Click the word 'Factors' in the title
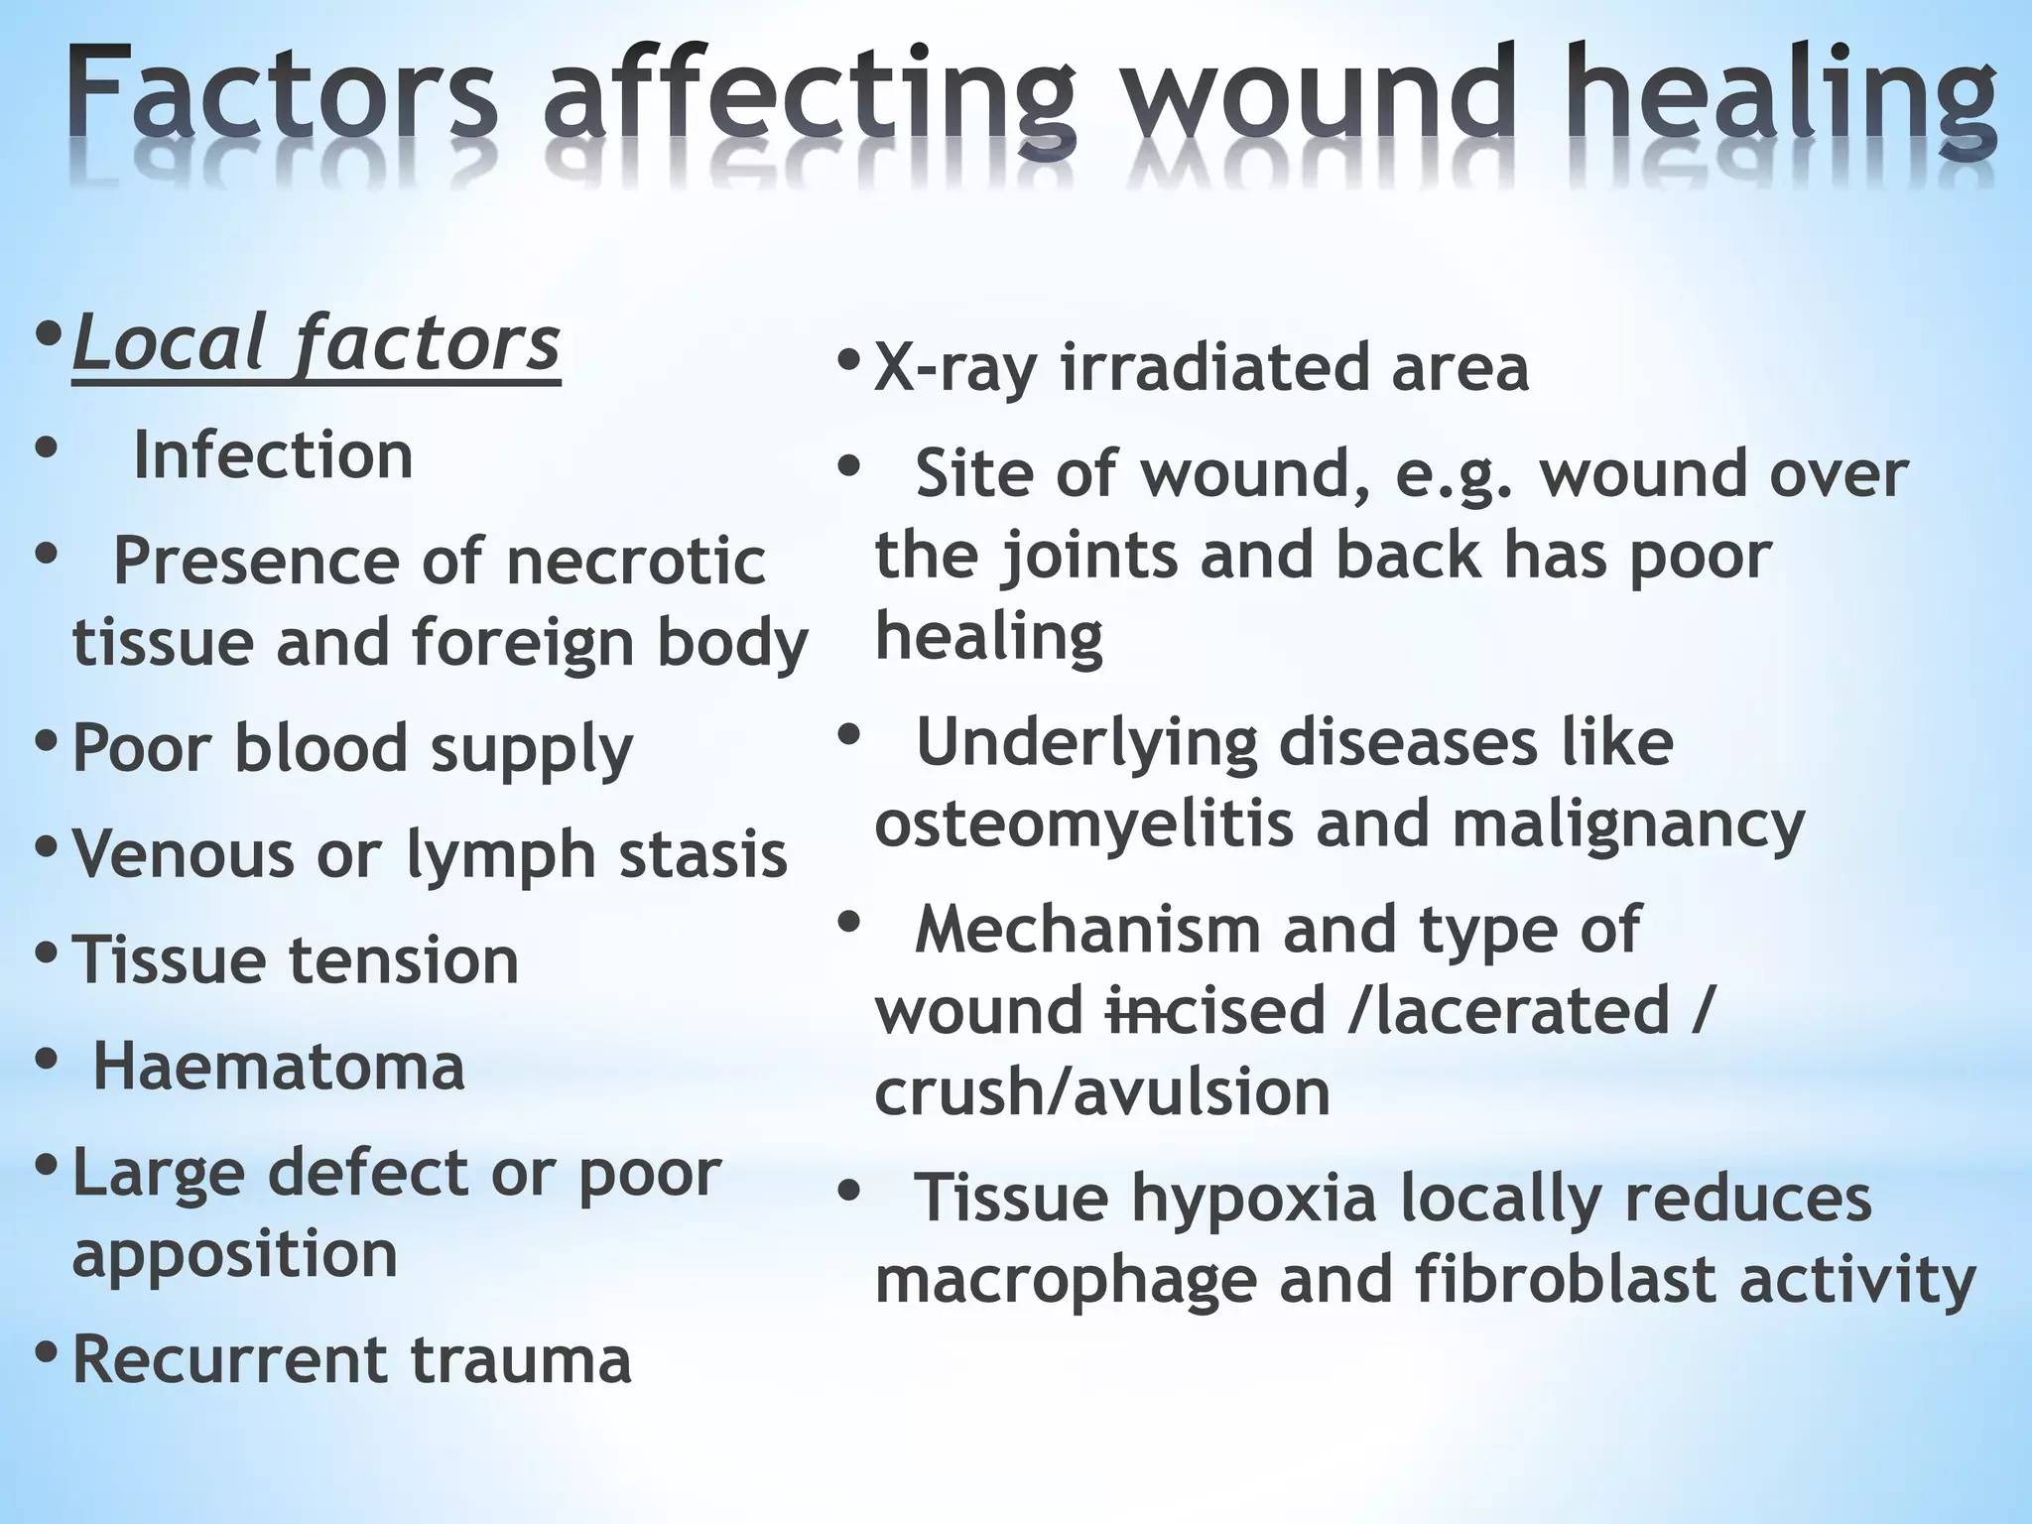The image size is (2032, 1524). (x=284, y=94)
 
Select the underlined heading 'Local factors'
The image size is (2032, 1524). (x=316, y=343)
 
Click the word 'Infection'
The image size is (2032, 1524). (x=273, y=455)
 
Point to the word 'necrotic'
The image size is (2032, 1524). (x=636, y=562)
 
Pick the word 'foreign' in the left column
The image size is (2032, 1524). (x=522, y=644)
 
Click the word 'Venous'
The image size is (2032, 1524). (x=184, y=854)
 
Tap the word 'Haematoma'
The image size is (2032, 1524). (x=279, y=1068)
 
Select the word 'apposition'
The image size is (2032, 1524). (x=235, y=1255)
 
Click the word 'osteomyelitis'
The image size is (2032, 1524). (x=1083, y=825)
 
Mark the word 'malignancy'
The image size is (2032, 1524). (x=1628, y=826)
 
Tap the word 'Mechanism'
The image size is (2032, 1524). (x=1086, y=931)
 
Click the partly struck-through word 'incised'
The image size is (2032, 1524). (x=1216, y=1011)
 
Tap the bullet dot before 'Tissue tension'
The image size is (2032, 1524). (x=46, y=953)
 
